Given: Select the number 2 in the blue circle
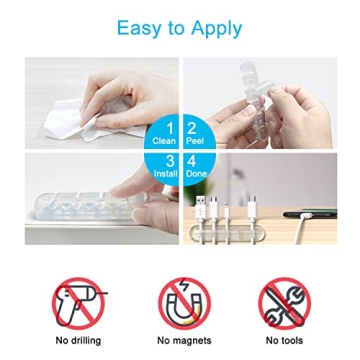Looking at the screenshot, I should click(192, 128).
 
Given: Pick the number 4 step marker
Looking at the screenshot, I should click(192, 161).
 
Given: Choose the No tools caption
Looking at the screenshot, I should click(284, 341).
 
